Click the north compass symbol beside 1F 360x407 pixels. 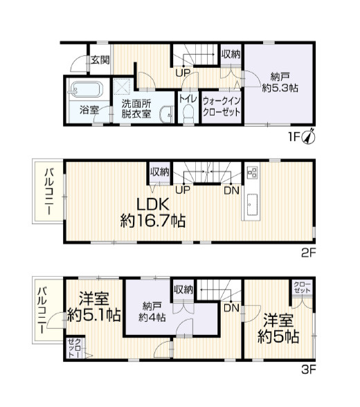(309, 136)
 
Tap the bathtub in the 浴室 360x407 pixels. (85, 89)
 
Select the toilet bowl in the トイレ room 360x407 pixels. (188, 114)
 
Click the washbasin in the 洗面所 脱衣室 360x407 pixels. (167, 114)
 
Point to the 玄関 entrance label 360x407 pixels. (100, 60)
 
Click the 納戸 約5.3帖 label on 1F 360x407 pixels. (280, 82)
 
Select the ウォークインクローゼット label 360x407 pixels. (222, 107)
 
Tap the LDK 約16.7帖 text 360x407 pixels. (152, 212)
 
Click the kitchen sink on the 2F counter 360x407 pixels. (252, 205)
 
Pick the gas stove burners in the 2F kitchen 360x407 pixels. (252, 172)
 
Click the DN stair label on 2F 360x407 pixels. (231, 191)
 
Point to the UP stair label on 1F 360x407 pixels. (183, 73)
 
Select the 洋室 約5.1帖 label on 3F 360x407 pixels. (93, 307)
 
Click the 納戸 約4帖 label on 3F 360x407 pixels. (152, 311)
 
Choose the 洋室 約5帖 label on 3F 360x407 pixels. (278, 328)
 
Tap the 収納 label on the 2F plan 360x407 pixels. (160, 172)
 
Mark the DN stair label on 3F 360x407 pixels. (231, 308)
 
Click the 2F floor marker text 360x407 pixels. (308, 253)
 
